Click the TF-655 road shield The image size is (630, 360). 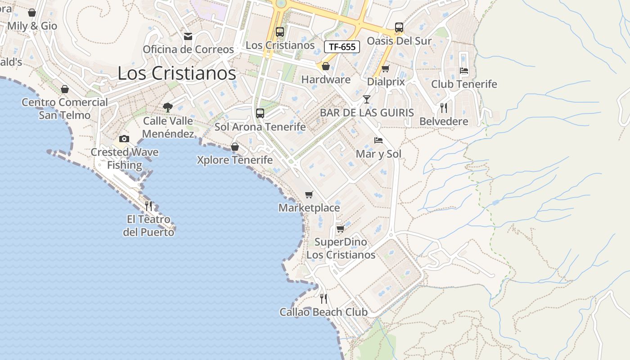point(342,47)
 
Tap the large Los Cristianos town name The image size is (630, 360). point(177,73)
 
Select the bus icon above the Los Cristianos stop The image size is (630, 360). point(280,32)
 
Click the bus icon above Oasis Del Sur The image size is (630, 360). point(399,27)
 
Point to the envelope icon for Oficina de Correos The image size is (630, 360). point(188,36)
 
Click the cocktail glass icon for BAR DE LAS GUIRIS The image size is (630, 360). point(367,99)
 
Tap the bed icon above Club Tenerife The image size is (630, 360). point(464,71)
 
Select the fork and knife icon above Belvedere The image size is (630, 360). point(444,108)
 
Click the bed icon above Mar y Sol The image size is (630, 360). point(378,140)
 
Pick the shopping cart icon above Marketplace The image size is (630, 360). point(309,194)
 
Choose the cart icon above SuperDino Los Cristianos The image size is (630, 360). point(341,229)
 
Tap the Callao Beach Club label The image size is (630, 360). point(323,312)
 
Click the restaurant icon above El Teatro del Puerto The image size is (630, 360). point(148,206)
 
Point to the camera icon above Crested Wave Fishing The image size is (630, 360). point(124,139)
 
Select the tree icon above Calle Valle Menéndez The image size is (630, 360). point(168,107)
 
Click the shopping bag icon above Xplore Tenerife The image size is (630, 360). point(234,147)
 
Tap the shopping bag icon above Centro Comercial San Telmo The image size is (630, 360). point(65,89)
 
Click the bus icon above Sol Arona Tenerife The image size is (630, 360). point(260,113)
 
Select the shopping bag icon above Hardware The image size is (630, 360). point(326,67)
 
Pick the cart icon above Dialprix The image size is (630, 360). point(385,69)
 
